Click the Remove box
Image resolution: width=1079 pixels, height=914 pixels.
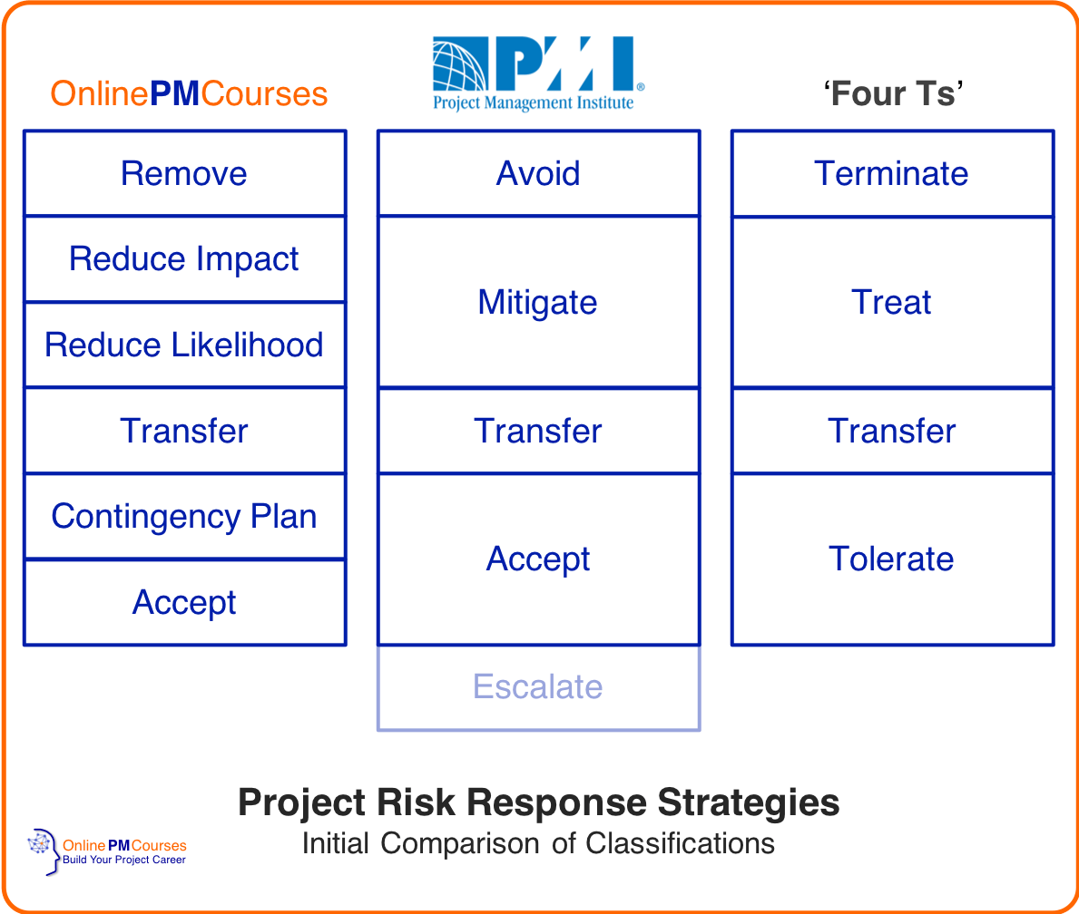[184, 173]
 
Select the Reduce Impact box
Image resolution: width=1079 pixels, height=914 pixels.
[184, 259]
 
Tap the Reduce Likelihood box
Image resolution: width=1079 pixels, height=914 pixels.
[184, 345]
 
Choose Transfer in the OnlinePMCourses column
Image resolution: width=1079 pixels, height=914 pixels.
[184, 431]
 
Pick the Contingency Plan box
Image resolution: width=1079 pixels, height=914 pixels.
[184, 516]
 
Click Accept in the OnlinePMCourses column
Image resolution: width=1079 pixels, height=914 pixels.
[184, 602]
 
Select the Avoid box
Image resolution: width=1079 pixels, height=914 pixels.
[538, 173]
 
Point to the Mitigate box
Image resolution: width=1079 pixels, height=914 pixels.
[538, 302]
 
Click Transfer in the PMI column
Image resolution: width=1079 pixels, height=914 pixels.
[538, 431]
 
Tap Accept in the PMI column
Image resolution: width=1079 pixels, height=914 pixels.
[538, 559]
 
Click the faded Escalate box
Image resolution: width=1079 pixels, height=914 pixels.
[538, 686]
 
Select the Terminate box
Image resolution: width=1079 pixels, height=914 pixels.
[892, 173]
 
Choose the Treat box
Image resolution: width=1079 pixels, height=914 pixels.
[892, 302]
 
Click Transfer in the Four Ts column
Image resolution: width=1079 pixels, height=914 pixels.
[892, 431]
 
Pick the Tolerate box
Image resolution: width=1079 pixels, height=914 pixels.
[892, 559]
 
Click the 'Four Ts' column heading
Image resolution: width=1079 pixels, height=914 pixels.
[893, 94]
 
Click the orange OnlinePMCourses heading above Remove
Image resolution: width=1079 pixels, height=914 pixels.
[189, 94]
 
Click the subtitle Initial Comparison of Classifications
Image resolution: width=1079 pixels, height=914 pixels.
[538, 843]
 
